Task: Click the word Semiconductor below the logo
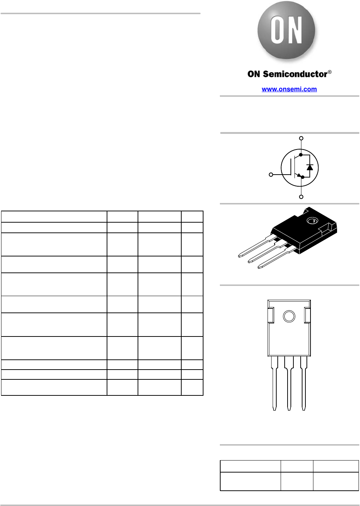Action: point(295,74)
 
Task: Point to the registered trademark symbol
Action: point(330,72)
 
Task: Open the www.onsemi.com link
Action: point(289,89)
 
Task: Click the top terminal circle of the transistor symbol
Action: point(301,138)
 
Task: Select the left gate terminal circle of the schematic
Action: point(271,175)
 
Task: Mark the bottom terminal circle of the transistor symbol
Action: point(301,197)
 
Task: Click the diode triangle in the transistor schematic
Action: point(310,167)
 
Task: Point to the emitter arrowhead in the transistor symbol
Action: point(299,175)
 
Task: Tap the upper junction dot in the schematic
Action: point(301,155)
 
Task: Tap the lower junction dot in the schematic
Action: point(303,177)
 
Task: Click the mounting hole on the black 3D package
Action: point(312,220)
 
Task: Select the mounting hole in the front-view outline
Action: point(289,316)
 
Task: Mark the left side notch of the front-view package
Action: point(270,315)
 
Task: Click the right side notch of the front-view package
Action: point(308,315)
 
